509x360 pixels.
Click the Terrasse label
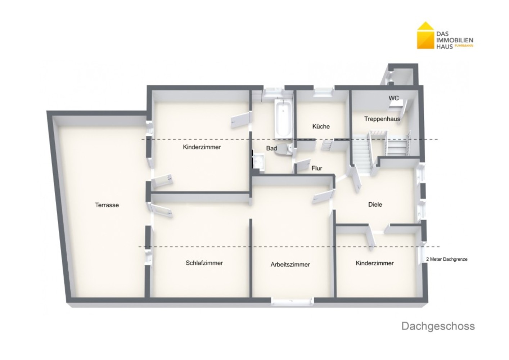pos(107,205)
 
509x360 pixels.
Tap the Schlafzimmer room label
pos(204,263)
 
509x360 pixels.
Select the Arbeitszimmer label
pos(290,265)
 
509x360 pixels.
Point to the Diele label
pos(375,204)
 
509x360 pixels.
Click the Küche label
pos(321,126)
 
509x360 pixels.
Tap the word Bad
pos(271,148)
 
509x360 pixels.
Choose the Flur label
pos(317,168)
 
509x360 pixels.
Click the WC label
pos(393,98)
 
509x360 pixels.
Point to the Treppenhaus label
pos(382,119)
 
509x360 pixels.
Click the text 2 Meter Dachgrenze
pos(447,259)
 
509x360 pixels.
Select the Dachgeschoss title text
pos(438,326)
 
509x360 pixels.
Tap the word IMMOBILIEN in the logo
pos(455,40)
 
